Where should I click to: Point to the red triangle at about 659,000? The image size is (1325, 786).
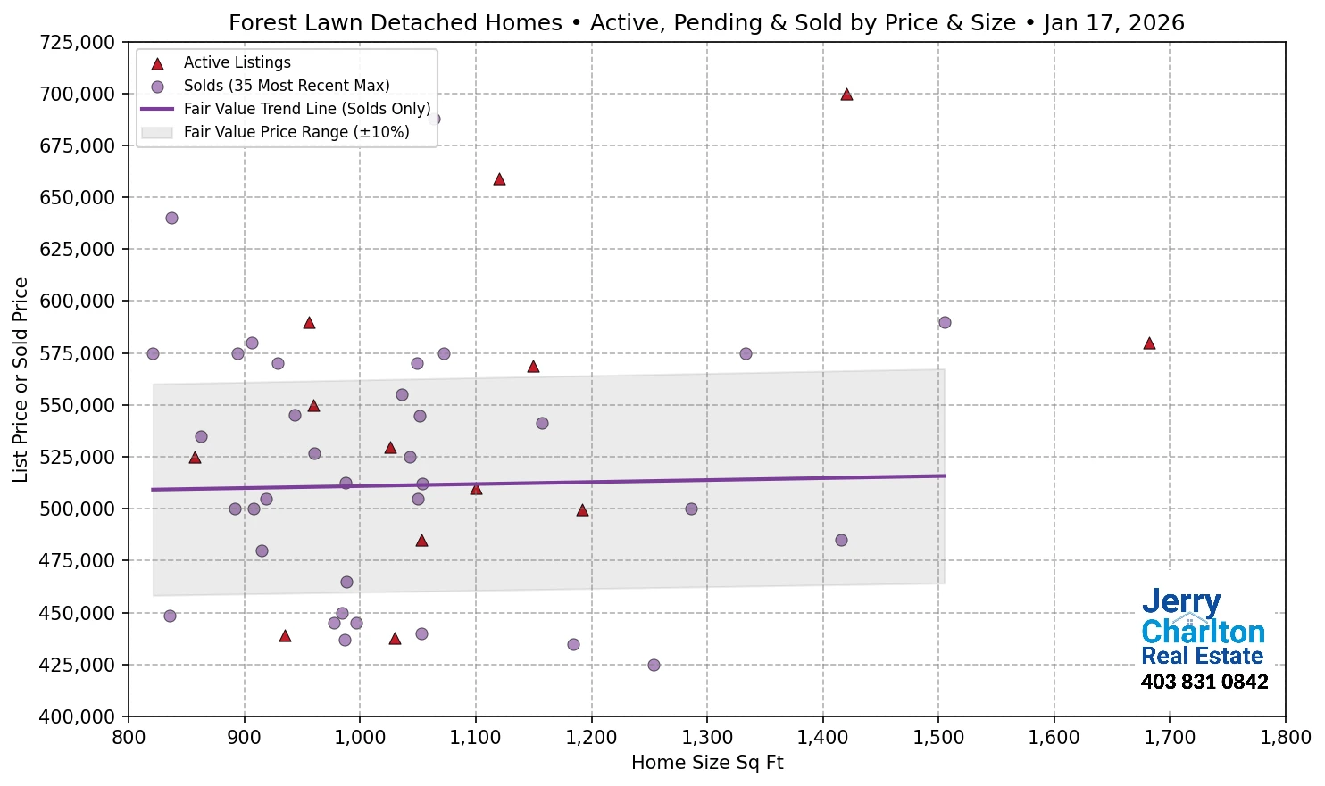coord(499,179)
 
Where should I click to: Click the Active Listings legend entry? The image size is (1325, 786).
coord(237,62)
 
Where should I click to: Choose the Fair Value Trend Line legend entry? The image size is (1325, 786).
coord(306,109)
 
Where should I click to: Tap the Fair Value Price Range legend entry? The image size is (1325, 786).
coord(296,132)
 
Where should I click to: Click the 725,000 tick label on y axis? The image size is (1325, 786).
coord(78,42)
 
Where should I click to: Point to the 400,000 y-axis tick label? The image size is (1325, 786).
coord(78,716)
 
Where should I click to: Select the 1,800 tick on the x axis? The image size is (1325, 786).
coord(1285,738)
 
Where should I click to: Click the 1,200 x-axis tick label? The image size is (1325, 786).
coord(591,738)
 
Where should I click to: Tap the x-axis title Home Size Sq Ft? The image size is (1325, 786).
coord(706,763)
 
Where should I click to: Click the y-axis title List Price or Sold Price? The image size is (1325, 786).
coord(21,379)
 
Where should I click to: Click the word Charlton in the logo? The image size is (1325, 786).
coord(1203,632)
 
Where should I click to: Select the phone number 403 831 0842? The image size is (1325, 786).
coord(1204,682)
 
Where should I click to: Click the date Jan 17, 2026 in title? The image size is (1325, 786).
coord(1113,22)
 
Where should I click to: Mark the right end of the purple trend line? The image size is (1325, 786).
coord(945,476)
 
